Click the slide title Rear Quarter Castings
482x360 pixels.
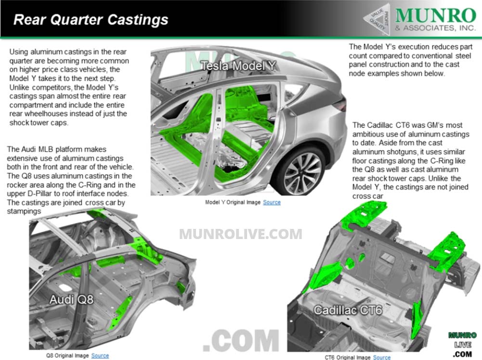pyautogui.click(x=91, y=20)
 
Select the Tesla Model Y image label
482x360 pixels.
pyautogui.click(x=238, y=66)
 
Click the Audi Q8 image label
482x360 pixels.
pyautogui.click(x=71, y=300)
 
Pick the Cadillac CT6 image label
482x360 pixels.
pyautogui.click(x=348, y=309)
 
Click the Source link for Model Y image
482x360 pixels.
pyautogui.click(x=272, y=202)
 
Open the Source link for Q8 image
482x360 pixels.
pyautogui.click(x=100, y=356)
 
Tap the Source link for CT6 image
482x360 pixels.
pyautogui.click(x=381, y=357)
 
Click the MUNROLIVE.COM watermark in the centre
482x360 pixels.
pyautogui.click(x=241, y=234)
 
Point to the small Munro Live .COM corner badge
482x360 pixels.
pyautogui.click(x=462, y=345)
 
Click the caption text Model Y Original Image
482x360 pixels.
pyautogui.click(x=233, y=202)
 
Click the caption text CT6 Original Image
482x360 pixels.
pyautogui.click(x=347, y=357)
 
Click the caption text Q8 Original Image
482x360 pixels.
pyautogui.click(x=67, y=356)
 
